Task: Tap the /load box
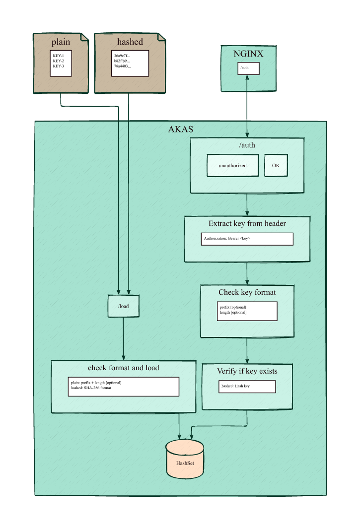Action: (124, 306)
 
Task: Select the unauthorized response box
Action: (232, 165)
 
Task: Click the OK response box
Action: (276, 165)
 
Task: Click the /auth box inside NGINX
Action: (248, 67)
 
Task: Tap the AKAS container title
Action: (181, 130)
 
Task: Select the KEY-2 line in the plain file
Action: (58, 61)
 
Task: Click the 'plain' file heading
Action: (61, 42)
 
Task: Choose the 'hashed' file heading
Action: (130, 42)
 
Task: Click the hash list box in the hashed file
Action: (130, 63)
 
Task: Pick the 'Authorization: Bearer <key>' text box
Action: (247, 239)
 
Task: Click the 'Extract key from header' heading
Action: (247, 223)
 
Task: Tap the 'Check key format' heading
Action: (247, 292)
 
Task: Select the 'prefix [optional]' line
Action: (233, 307)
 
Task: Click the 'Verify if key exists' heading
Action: (247, 371)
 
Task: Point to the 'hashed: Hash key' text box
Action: (247, 387)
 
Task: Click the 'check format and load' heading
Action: (124, 368)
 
